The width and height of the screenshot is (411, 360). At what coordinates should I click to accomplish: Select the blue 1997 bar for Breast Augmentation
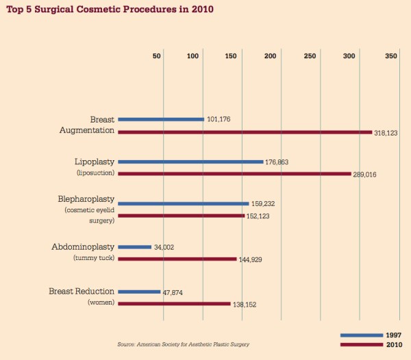161,119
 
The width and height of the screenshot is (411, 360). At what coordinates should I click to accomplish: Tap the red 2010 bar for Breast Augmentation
245,132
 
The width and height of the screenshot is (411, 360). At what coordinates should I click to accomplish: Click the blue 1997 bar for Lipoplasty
190,162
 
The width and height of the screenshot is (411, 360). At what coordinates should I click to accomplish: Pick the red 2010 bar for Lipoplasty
234,174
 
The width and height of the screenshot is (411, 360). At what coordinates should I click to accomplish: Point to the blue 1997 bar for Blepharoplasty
184,203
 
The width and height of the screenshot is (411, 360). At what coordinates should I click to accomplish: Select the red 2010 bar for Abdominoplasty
177,259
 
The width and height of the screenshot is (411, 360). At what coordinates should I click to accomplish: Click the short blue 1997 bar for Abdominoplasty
135,246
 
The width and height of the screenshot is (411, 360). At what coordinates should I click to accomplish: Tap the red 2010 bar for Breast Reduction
175,303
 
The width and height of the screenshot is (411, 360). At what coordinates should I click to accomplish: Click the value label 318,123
386,133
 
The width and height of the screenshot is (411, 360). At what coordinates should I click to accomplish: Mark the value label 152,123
260,216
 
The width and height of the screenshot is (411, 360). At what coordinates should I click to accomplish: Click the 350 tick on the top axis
391,55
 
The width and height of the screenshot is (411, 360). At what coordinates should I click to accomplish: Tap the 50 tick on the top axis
157,55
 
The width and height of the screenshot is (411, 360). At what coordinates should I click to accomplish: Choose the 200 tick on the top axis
270,55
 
